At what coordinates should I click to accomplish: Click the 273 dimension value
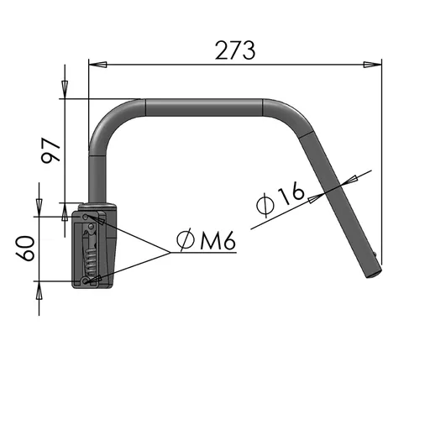(x=235, y=50)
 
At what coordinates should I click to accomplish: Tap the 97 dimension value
(x=50, y=150)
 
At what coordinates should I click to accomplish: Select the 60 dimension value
(x=25, y=248)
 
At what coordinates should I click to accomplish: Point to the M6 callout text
(x=218, y=240)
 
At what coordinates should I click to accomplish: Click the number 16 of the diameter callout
(x=291, y=193)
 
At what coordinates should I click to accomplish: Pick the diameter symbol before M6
(x=186, y=239)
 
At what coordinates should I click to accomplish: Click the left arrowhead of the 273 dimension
(x=97, y=65)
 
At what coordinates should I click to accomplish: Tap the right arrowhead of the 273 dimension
(x=372, y=65)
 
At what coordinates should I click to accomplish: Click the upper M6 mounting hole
(x=86, y=217)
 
